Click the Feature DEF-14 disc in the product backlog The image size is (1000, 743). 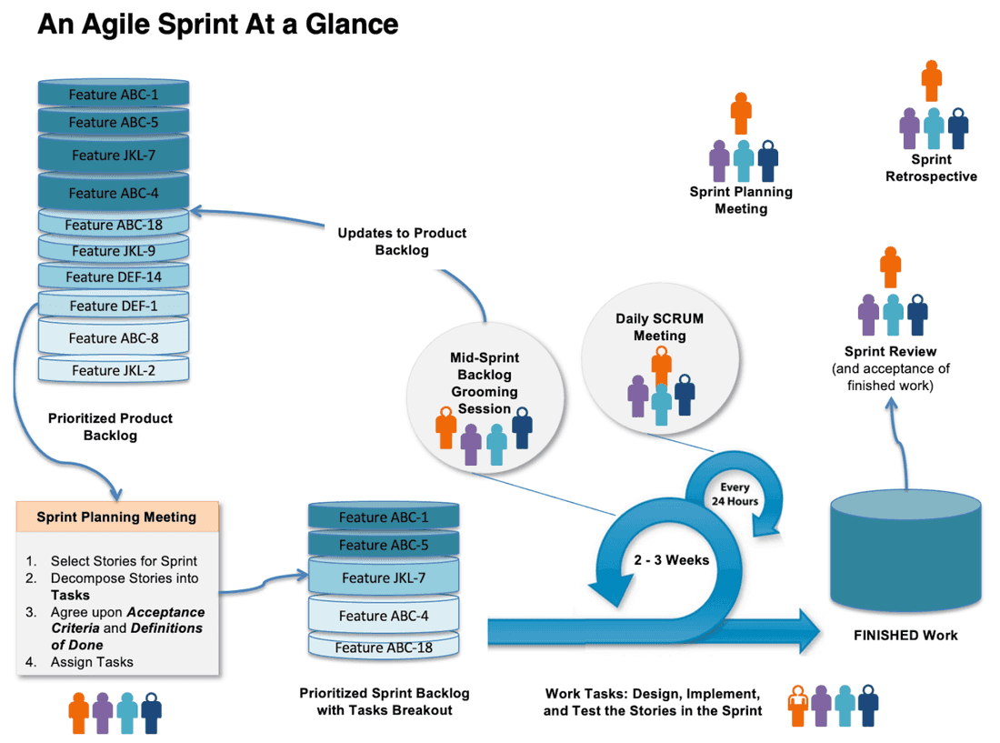[x=114, y=276]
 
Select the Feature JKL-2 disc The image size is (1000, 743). [x=114, y=370]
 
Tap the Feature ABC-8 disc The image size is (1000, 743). [x=114, y=338]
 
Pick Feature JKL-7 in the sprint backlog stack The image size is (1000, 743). [x=383, y=577]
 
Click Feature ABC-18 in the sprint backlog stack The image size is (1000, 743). [x=383, y=648]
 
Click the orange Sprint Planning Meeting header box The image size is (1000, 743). [x=116, y=517]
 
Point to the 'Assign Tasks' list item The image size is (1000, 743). [x=91, y=662]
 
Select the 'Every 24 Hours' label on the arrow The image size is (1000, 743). [x=735, y=495]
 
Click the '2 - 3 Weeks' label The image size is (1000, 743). [x=671, y=560]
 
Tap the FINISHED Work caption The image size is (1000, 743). [x=905, y=635]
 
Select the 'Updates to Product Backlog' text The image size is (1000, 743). [x=402, y=241]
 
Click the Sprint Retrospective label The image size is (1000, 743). [x=931, y=168]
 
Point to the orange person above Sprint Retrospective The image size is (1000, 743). [x=931, y=81]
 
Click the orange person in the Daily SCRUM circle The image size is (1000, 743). [x=661, y=366]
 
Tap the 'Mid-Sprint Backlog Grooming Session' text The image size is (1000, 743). [x=485, y=383]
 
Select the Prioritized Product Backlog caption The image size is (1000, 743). [x=110, y=427]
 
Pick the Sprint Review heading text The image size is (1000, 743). [x=890, y=351]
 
